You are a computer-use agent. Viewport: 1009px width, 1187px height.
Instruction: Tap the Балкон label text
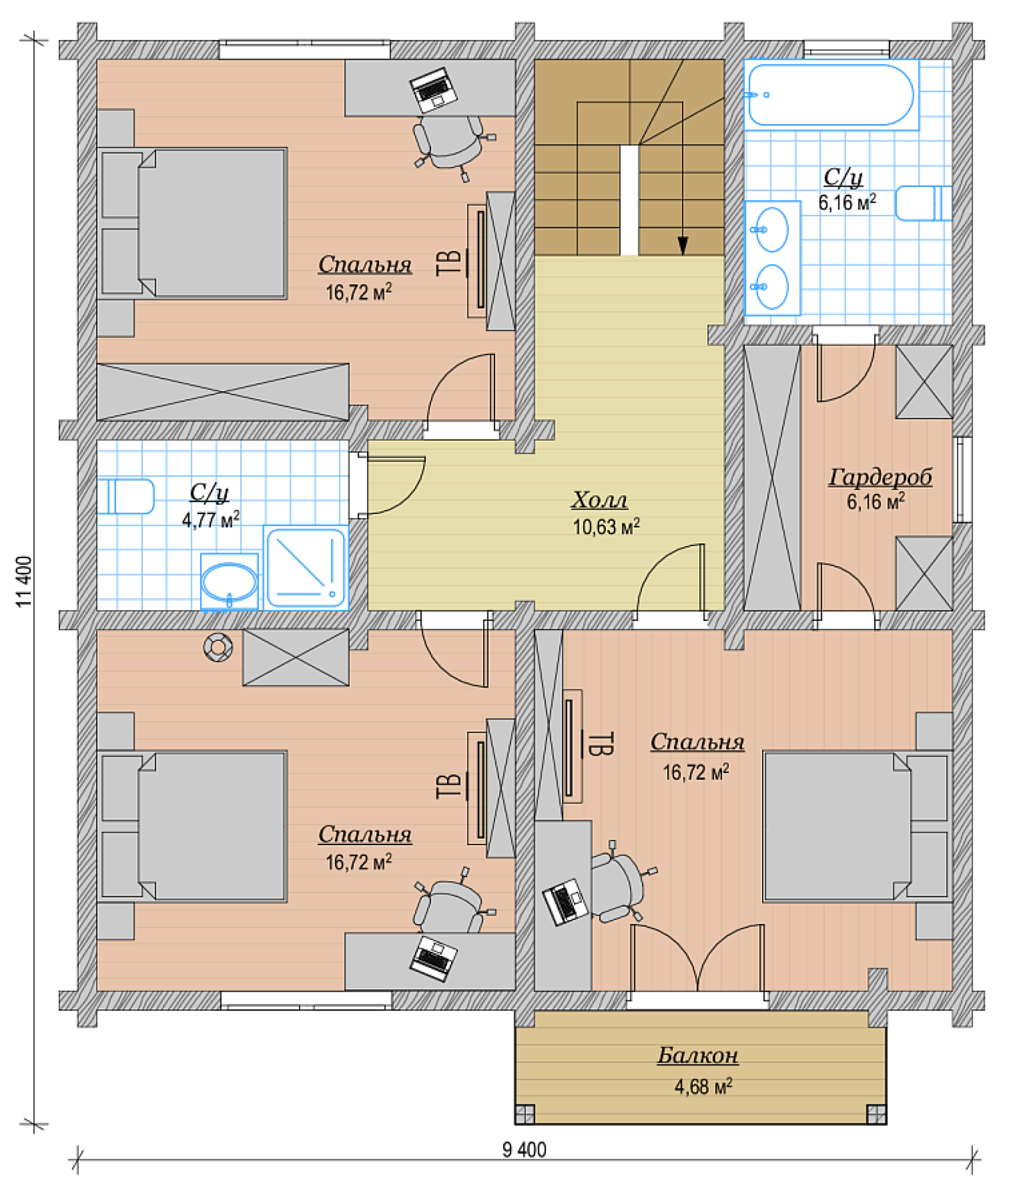pyautogui.click(x=698, y=1056)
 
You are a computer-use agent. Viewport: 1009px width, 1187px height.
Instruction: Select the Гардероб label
pyautogui.click(x=880, y=477)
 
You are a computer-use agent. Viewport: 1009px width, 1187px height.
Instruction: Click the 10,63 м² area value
pyautogui.click(x=606, y=527)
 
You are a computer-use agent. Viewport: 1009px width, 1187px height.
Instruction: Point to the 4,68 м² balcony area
pyautogui.click(x=703, y=1086)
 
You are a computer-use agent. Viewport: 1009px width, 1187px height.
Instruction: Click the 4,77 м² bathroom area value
pyautogui.click(x=210, y=519)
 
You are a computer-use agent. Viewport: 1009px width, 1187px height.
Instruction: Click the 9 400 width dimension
pyautogui.click(x=524, y=1150)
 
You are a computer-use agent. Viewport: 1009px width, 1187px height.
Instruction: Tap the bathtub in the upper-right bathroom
pyautogui.click(x=831, y=95)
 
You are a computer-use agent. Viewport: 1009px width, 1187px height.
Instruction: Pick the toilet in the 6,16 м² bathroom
pyautogui.click(x=923, y=203)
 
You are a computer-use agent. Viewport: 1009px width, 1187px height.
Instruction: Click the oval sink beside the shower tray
pyautogui.click(x=229, y=582)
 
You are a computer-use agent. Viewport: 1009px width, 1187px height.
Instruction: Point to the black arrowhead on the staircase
pyautogui.click(x=683, y=245)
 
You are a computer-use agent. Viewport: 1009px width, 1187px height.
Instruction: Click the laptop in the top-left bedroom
pyautogui.click(x=433, y=90)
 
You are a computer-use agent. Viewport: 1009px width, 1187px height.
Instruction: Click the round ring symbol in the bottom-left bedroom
pyautogui.click(x=218, y=647)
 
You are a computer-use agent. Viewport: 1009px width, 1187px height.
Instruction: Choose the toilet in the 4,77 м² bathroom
pyautogui.click(x=126, y=496)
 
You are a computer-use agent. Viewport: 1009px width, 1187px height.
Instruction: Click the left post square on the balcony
pyautogui.click(x=525, y=1114)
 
